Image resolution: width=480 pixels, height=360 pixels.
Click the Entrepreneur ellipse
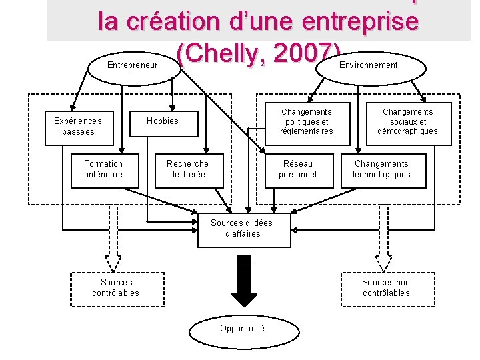(133, 65)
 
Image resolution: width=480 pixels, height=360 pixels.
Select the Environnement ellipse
(369, 65)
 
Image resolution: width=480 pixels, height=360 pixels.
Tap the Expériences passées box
(78, 127)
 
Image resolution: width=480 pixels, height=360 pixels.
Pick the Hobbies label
(163, 121)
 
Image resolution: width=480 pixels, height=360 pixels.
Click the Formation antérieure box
(103, 169)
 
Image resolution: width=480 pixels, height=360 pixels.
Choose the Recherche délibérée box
(187, 169)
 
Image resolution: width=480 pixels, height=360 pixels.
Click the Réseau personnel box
(298, 169)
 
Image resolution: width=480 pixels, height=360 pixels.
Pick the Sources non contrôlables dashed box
(386, 288)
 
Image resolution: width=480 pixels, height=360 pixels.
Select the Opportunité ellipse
(242, 329)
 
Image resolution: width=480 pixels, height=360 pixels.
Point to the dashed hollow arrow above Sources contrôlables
(113, 237)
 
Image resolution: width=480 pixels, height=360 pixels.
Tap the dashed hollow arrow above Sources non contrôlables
(383, 237)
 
